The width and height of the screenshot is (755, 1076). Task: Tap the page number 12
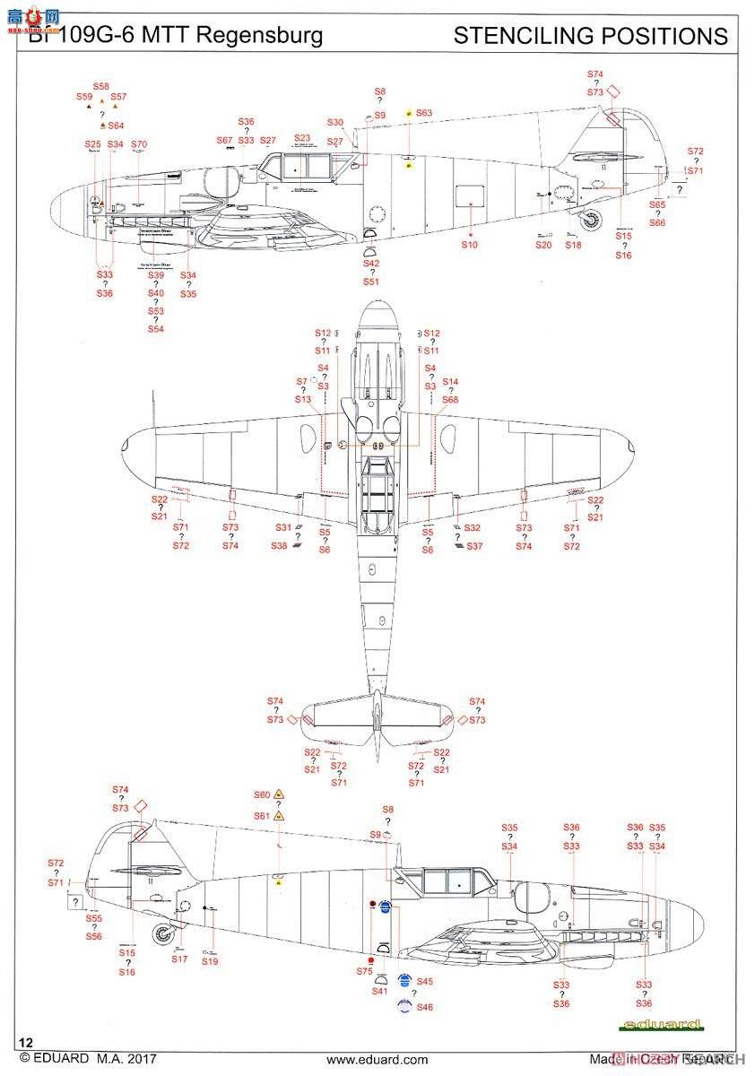click(x=25, y=1043)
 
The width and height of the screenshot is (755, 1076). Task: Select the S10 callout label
click(x=470, y=244)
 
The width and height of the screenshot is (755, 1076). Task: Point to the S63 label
click(x=423, y=113)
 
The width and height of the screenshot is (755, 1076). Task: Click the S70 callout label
click(x=139, y=144)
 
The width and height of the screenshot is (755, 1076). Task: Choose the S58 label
click(x=101, y=86)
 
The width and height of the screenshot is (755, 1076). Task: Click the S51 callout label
click(x=371, y=282)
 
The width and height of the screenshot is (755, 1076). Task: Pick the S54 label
click(x=156, y=329)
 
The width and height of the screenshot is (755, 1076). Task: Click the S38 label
click(x=280, y=546)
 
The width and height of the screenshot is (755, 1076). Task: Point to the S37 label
click(x=474, y=546)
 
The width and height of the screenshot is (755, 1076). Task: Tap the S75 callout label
click(x=363, y=971)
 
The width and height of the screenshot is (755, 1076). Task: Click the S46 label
click(x=424, y=1007)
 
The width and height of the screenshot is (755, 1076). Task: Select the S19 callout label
click(x=210, y=961)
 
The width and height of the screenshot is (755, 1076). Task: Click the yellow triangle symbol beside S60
click(x=279, y=794)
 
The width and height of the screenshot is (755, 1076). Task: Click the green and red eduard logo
click(x=674, y=1024)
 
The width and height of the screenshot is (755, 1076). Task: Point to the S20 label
click(x=543, y=245)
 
